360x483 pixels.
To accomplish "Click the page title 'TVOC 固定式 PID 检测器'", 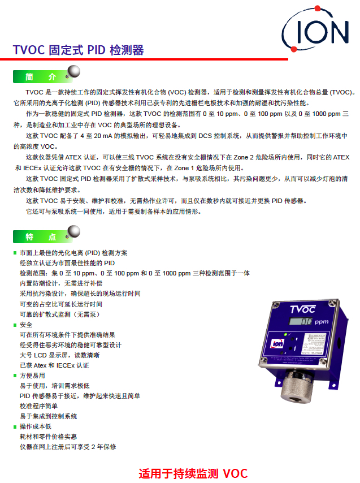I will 79,50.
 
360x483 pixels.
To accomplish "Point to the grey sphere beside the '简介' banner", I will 73,71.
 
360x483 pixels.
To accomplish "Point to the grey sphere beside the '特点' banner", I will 73,231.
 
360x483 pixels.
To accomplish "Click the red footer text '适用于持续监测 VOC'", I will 193,473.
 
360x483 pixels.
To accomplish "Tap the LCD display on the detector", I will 301,323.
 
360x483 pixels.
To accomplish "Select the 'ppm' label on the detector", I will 322,322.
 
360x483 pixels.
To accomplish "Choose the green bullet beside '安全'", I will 15,325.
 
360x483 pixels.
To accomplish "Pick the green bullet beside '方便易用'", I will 15,376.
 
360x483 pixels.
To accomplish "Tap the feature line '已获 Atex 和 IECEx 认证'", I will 54,365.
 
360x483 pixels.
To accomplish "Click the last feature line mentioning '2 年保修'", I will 68,447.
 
